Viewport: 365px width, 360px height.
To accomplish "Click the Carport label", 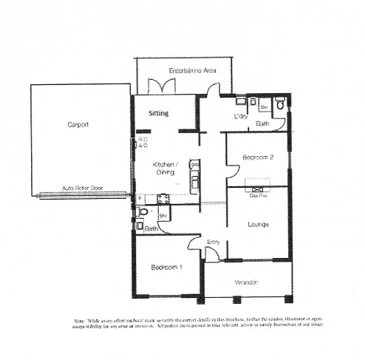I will (x=78, y=126).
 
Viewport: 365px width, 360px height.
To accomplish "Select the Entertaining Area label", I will (x=192, y=69).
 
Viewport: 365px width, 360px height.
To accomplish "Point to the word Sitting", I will (x=159, y=114).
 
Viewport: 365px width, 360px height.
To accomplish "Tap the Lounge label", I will (x=258, y=224).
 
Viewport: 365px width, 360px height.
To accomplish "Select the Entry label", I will (x=214, y=242).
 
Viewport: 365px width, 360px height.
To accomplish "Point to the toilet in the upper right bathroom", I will (x=279, y=106).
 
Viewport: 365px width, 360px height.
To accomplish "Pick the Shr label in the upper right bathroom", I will (x=263, y=108).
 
